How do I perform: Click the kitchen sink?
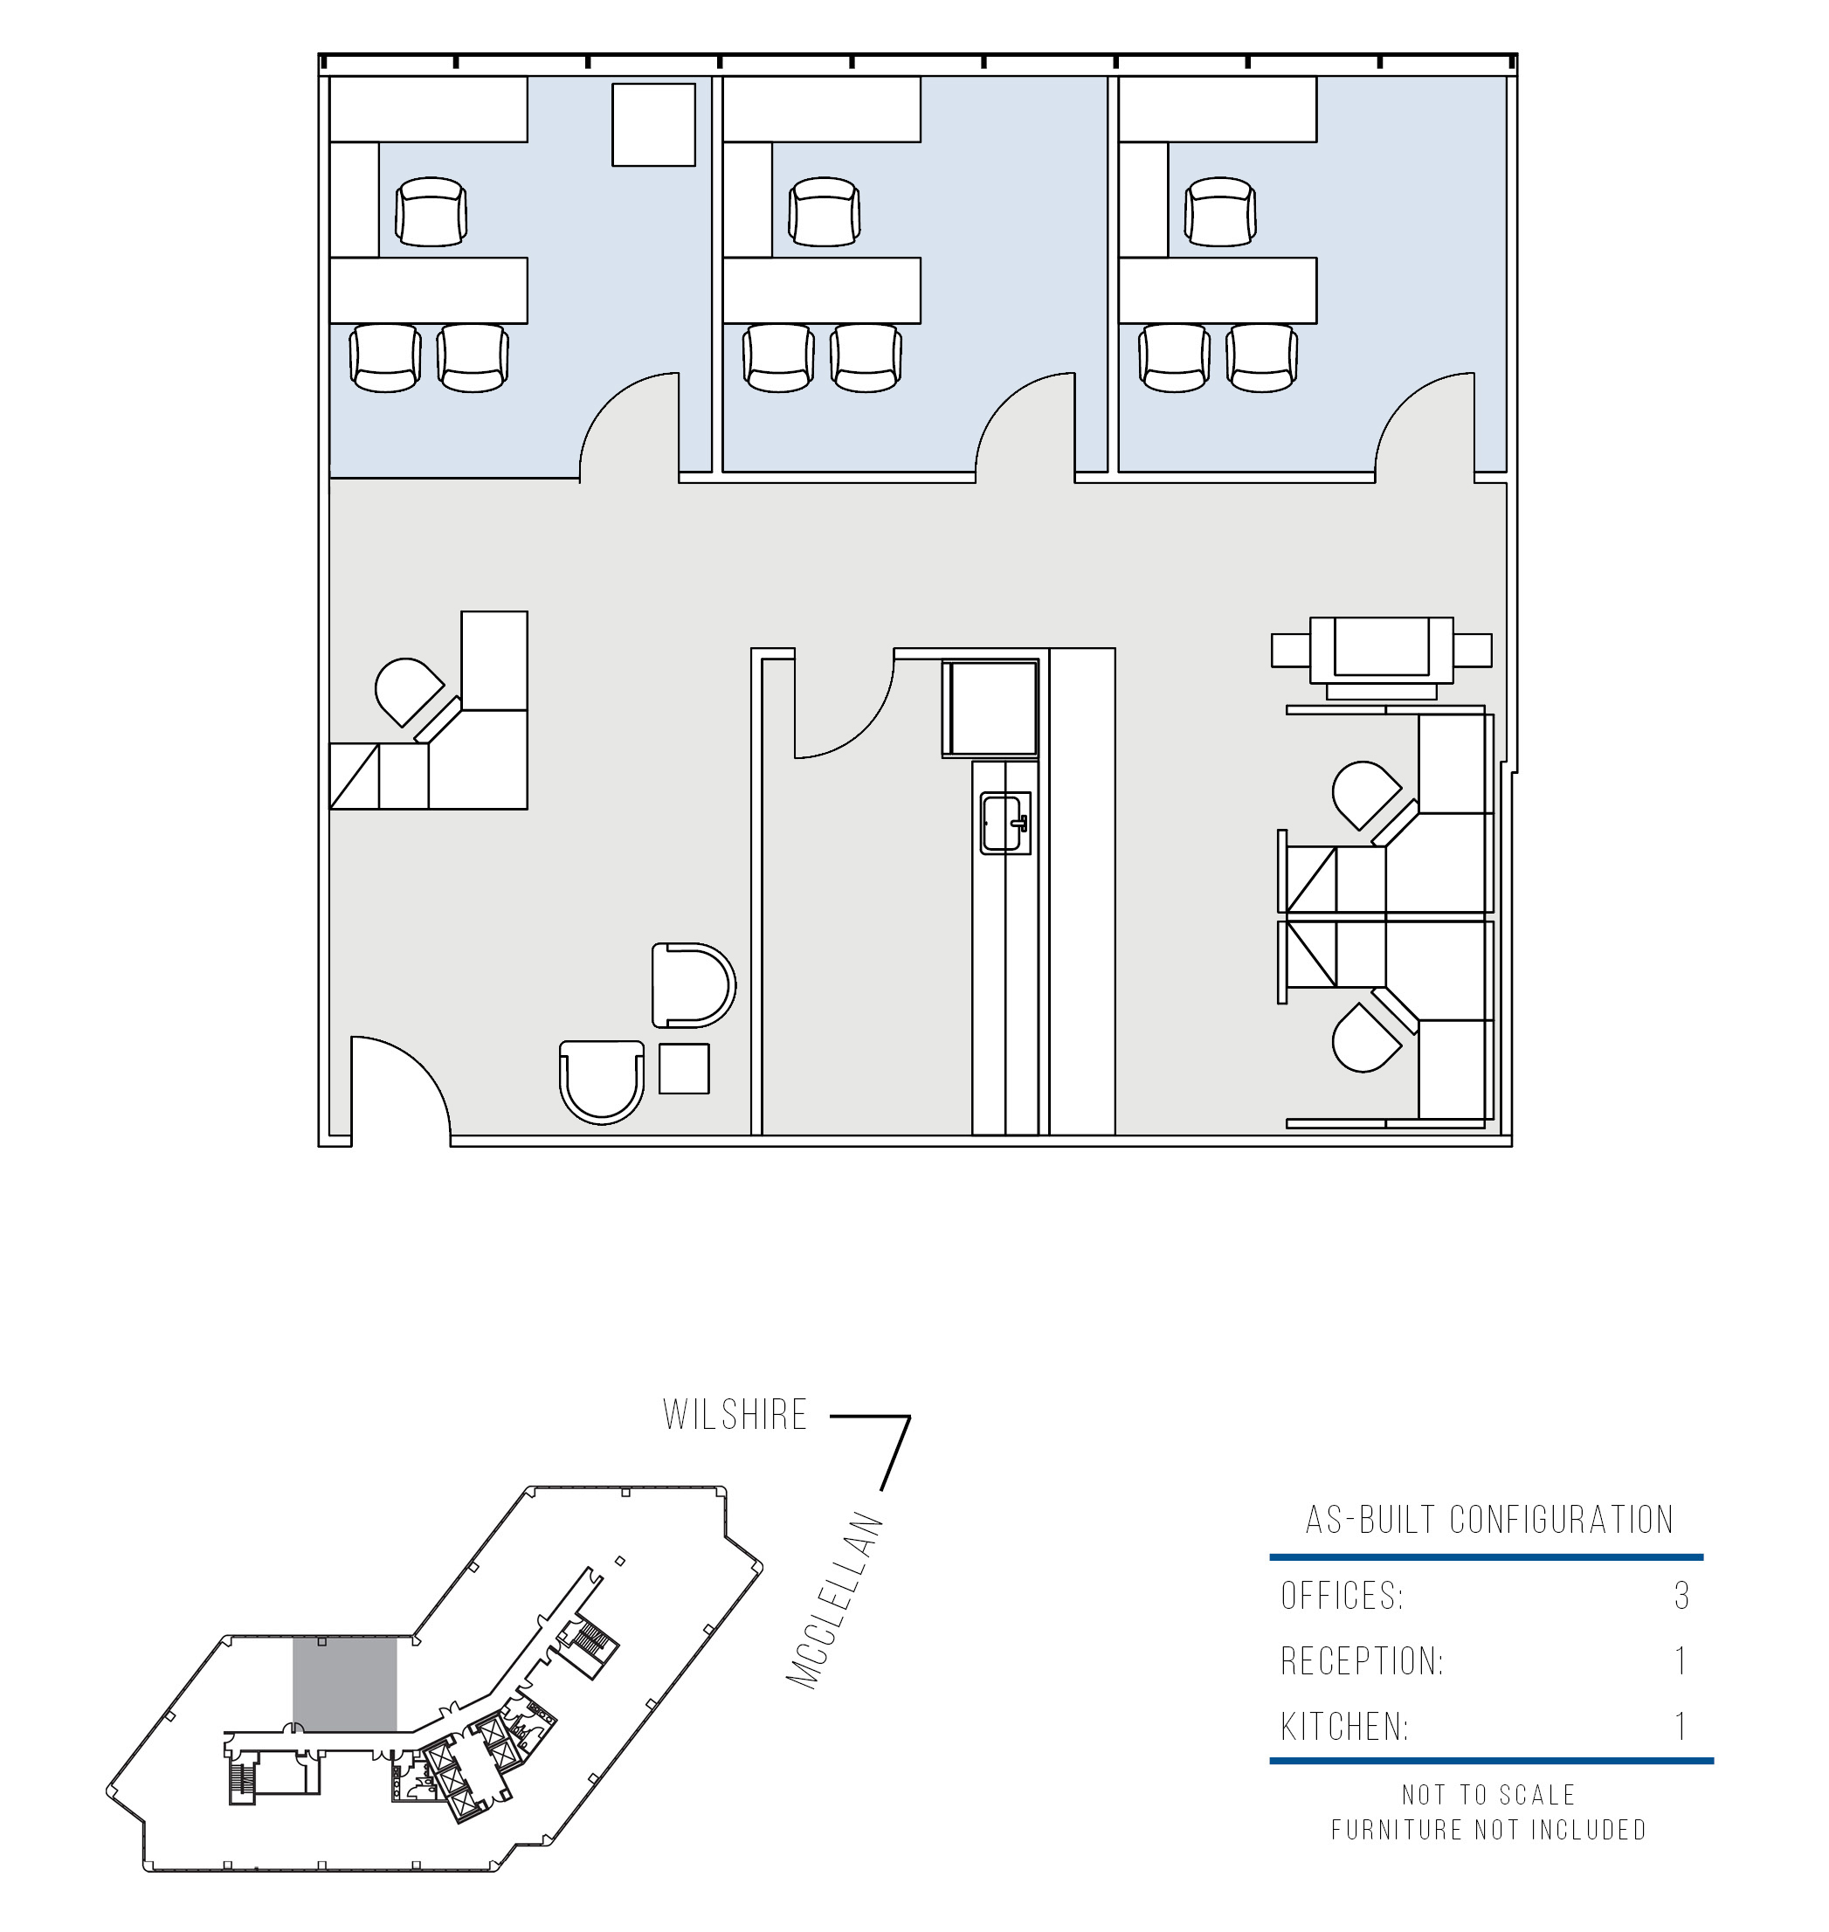(x=1005, y=824)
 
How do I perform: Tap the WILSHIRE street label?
(x=735, y=1415)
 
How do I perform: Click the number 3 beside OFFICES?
(x=1681, y=1596)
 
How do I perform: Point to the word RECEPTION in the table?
(x=1362, y=1661)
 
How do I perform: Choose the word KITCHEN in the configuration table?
(x=1344, y=1728)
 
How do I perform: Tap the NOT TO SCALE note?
(x=1488, y=1795)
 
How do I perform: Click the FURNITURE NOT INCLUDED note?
(x=1488, y=1830)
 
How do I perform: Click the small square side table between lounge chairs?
(x=683, y=1068)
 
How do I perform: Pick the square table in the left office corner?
(x=653, y=125)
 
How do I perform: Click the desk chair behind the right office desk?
(x=1220, y=211)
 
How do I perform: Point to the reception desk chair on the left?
(x=409, y=691)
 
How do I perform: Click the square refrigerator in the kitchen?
(x=990, y=707)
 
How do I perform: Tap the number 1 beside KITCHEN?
(x=1681, y=1728)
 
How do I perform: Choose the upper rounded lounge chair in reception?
(x=694, y=985)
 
